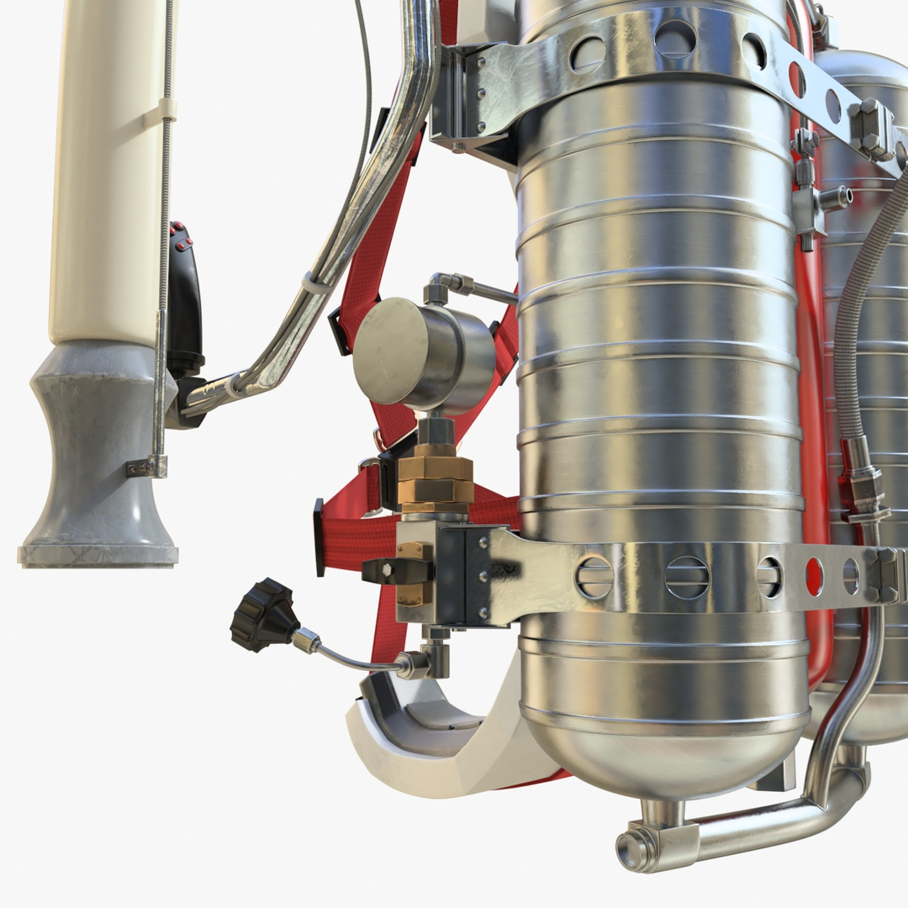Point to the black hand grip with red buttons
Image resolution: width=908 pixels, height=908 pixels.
[184, 294]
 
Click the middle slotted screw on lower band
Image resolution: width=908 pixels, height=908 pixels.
[687, 578]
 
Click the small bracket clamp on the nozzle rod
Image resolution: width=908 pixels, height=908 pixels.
[148, 467]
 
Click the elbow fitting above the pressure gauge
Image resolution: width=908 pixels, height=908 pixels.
[441, 287]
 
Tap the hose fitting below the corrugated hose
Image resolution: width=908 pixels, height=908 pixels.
[864, 483]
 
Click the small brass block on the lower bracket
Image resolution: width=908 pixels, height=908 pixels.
[414, 572]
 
